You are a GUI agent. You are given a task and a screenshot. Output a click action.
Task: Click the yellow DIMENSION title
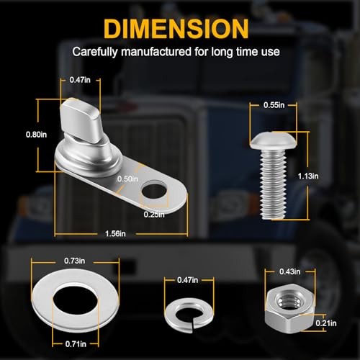176,29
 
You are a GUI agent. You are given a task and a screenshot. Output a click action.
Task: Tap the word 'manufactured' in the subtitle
156,52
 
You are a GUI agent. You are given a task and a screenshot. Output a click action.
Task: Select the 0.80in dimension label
36,135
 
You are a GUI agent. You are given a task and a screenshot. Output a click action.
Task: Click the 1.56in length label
115,233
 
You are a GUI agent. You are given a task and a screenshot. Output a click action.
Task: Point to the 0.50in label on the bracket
127,179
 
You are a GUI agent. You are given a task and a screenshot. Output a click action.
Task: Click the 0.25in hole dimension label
154,215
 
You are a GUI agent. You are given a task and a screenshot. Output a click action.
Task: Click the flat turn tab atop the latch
80,120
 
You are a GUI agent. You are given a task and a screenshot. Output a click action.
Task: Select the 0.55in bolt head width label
274,105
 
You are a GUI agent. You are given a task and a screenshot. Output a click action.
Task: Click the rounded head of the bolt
273,140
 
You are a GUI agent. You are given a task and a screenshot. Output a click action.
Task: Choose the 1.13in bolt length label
308,176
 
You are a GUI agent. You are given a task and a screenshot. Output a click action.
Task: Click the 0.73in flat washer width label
74,261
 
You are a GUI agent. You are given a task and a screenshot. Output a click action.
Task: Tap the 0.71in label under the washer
76,344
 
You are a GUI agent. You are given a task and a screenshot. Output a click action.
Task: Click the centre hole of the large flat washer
75,300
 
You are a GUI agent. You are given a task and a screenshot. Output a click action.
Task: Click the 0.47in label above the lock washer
188,280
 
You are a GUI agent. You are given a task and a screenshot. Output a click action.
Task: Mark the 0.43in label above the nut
289,271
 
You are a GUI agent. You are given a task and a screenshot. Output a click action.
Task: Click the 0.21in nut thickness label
326,323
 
